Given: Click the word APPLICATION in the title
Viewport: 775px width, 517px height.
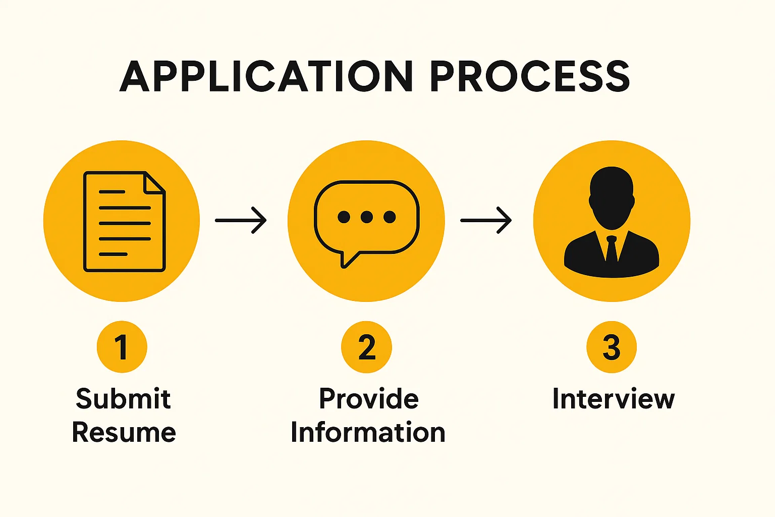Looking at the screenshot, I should pyautogui.click(x=266, y=77).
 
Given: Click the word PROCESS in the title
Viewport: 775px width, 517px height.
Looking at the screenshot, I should pyautogui.click(x=529, y=77).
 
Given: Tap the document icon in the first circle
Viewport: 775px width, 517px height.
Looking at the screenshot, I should pyautogui.click(x=124, y=222).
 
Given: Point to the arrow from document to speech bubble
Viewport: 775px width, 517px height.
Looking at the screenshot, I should pyautogui.click(x=241, y=220).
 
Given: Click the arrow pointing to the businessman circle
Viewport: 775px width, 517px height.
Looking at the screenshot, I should pyautogui.click(x=486, y=220).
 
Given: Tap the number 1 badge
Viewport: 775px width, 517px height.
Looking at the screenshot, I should pyautogui.click(x=122, y=347).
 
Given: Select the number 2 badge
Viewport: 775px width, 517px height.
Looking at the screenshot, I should pyautogui.click(x=367, y=347).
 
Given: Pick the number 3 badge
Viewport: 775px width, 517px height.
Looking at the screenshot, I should pyautogui.click(x=611, y=347).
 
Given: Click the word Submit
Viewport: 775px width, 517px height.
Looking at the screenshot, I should pyautogui.click(x=123, y=399).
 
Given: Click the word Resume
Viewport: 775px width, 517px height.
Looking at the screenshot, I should pyautogui.click(x=124, y=433).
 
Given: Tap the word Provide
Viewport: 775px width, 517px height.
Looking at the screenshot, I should pyautogui.click(x=369, y=399).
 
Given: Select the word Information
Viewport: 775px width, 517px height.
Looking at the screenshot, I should pyautogui.click(x=368, y=433).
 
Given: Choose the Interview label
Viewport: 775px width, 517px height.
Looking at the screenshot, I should pyautogui.click(x=613, y=399).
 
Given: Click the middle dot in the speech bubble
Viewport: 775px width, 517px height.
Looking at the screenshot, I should pyautogui.click(x=367, y=217).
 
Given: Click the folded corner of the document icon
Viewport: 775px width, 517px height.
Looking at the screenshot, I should pyautogui.click(x=154, y=183).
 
